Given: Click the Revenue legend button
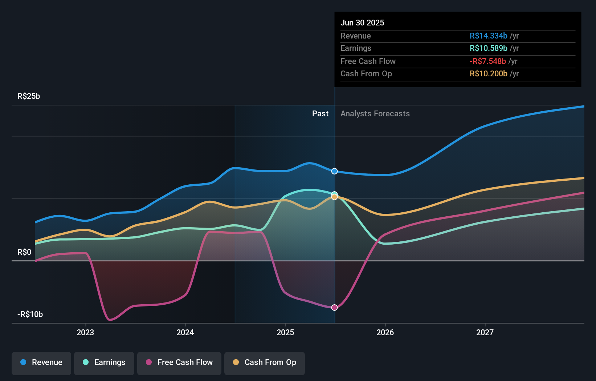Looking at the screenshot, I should tap(41, 362).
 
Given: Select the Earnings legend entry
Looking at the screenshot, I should tap(104, 362).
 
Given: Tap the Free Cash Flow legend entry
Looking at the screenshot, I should tap(179, 362).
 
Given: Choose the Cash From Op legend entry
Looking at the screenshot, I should tap(265, 362).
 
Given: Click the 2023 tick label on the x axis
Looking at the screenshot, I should tap(85, 332).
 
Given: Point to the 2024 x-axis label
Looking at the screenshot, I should tap(185, 332).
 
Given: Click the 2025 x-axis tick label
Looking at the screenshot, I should tap(285, 332).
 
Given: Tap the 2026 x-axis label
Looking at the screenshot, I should tap(385, 332).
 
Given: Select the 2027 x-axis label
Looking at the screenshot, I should tap(485, 332).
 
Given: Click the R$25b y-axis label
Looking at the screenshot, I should tap(29, 96).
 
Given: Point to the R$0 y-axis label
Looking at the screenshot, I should tap(24, 252).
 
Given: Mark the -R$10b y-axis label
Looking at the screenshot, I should tap(30, 314).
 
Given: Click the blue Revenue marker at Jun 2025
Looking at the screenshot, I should tap(335, 171).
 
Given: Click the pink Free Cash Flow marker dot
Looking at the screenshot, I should tap(335, 308).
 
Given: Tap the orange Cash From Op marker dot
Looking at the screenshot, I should tap(335, 197).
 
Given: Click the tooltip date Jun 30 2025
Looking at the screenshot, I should tap(362, 23).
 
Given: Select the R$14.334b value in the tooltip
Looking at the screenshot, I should tap(488, 36).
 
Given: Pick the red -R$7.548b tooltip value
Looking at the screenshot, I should tap(487, 61).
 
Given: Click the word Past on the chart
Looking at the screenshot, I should tap(320, 114).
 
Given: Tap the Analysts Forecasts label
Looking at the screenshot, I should tap(375, 114).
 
